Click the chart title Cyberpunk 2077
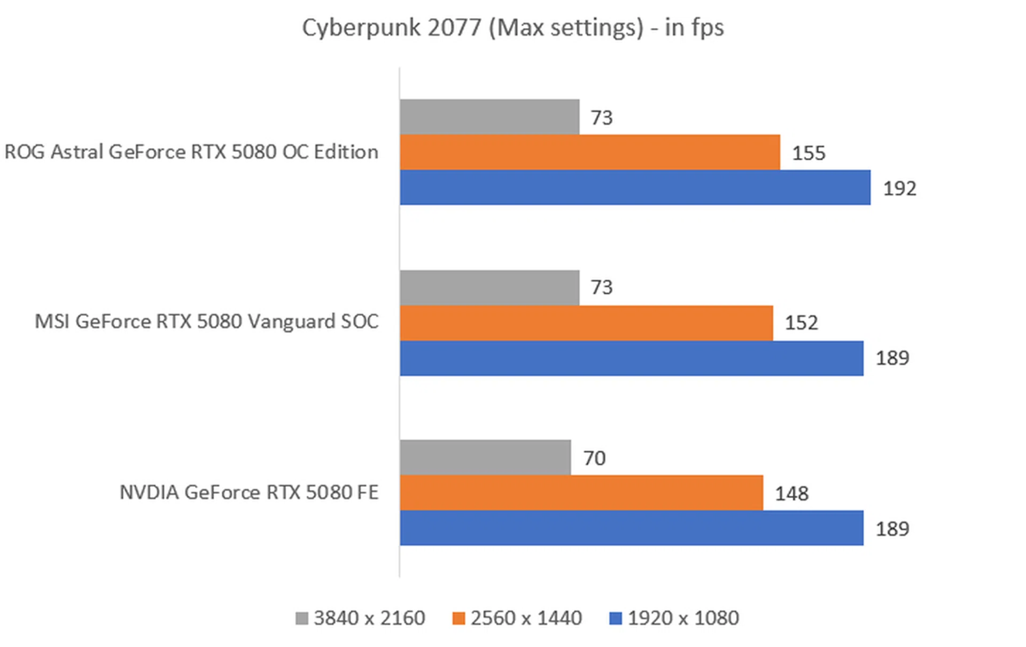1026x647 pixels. pos(512,28)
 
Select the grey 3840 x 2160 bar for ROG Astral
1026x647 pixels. pos(489,116)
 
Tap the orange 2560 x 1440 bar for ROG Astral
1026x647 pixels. pos(589,152)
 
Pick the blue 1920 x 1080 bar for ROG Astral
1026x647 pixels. pos(635,188)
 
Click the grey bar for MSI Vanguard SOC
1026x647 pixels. pos(489,287)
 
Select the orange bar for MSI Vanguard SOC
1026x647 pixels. pos(586,323)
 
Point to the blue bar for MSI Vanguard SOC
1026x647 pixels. pos(631,358)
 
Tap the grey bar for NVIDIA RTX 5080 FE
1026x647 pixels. pos(485,457)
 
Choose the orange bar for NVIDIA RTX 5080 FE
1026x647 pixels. pos(581,493)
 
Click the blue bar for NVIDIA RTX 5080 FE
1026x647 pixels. pos(631,528)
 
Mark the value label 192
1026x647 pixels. pos(899,189)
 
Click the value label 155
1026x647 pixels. pos(808,153)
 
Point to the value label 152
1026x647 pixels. pos(801,323)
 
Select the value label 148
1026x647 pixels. pos(791,494)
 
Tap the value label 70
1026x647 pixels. pos(594,458)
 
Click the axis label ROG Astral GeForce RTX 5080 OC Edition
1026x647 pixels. pos(191,152)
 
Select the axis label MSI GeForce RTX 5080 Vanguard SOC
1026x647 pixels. pos(206,322)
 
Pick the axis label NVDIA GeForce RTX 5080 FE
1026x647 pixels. pos(248,492)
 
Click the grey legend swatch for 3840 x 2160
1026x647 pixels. pos(302,618)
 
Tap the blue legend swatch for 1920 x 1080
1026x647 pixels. pos(616,618)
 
